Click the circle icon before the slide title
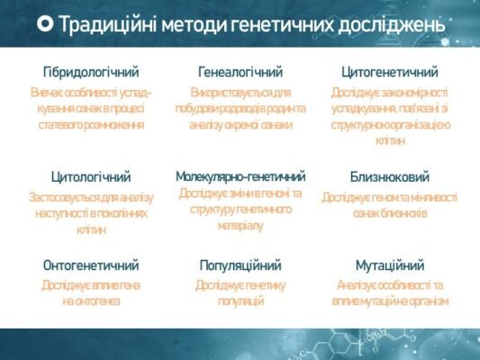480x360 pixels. point(44,24)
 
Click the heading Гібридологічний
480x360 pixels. point(91,71)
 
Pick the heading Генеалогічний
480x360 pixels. point(240,71)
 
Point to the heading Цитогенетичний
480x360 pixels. point(390,71)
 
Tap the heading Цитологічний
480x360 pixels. point(91,176)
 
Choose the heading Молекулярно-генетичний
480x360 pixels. point(240,176)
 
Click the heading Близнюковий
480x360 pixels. point(390,176)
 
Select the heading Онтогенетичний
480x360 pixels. point(91,265)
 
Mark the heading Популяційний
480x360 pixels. point(240,265)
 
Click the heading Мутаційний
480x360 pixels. point(390,265)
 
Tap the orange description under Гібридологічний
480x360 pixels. point(91,108)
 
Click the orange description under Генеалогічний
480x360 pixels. point(240,108)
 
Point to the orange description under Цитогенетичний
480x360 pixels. point(390,116)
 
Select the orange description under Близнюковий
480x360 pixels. point(390,204)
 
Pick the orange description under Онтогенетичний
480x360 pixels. point(91,292)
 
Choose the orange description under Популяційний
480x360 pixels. point(240,292)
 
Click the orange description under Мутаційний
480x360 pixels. point(390,292)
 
